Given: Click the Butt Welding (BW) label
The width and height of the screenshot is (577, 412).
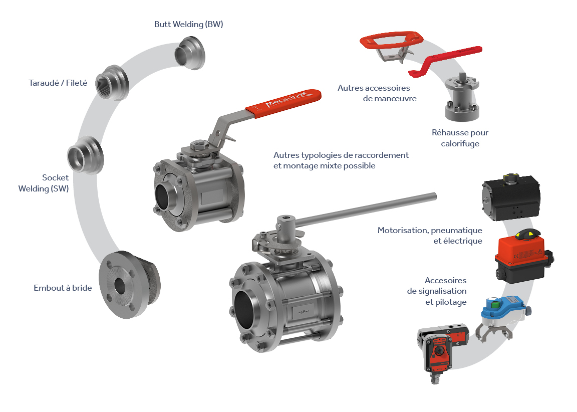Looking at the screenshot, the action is point(188,24).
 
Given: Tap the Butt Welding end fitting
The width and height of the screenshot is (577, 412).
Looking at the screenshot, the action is point(190,53).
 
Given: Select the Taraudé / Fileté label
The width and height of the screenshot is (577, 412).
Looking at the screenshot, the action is point(58,83).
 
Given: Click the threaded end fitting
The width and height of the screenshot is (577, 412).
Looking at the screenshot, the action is point(112,83).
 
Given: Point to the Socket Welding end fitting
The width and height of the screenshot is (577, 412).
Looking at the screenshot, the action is point(85,155).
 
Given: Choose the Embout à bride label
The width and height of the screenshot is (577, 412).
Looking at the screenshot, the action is point(63,288).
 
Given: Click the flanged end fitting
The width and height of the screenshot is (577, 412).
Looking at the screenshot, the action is point(129,285).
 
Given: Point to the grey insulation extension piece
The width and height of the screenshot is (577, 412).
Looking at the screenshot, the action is point(462,97).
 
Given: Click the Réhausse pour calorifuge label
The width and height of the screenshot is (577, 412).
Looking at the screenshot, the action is point(460,138).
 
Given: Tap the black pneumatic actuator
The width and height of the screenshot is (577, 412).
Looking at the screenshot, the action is point(511,197).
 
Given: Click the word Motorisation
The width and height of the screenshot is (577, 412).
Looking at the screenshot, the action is point(403,231).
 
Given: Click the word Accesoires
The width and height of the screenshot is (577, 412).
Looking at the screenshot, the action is point(446,281).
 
